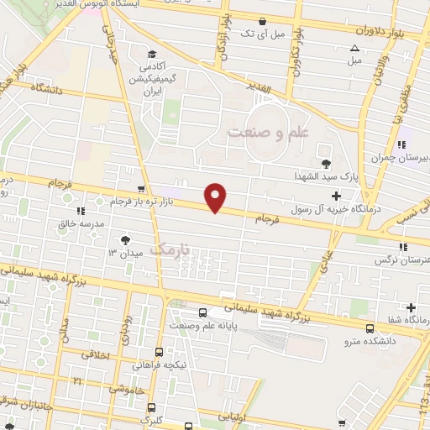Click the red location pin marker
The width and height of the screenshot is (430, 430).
217,197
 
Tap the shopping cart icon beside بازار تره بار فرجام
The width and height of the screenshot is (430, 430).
142,190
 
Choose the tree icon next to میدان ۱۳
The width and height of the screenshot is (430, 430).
126,239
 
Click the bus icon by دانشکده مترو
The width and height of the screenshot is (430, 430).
370,328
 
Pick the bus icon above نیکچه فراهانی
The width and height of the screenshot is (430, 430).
159,353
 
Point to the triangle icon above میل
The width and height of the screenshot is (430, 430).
354,48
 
